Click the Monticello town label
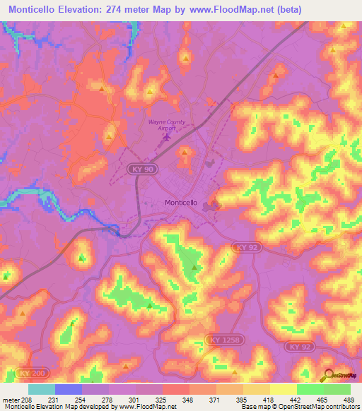[x=180, y=203]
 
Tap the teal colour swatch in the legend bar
[x=42, y=389]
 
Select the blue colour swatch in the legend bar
[x=69, y=389]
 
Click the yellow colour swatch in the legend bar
[x=283, y=389]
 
